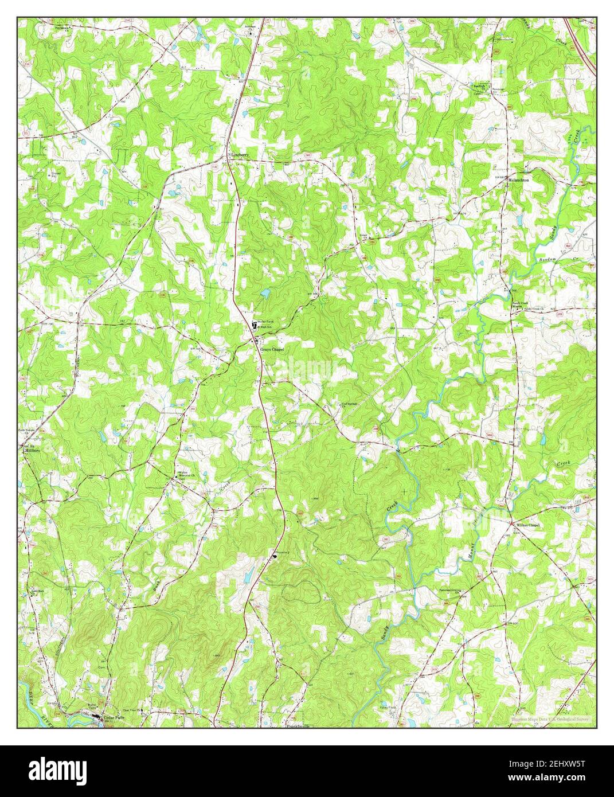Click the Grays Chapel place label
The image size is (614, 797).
click(272, 349)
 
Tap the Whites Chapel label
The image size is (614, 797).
click(528, 525)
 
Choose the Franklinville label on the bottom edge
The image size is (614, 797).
click(298, 726)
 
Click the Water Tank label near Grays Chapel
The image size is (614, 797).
click(264, 322)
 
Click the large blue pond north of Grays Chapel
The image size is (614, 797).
click(265, 294)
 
